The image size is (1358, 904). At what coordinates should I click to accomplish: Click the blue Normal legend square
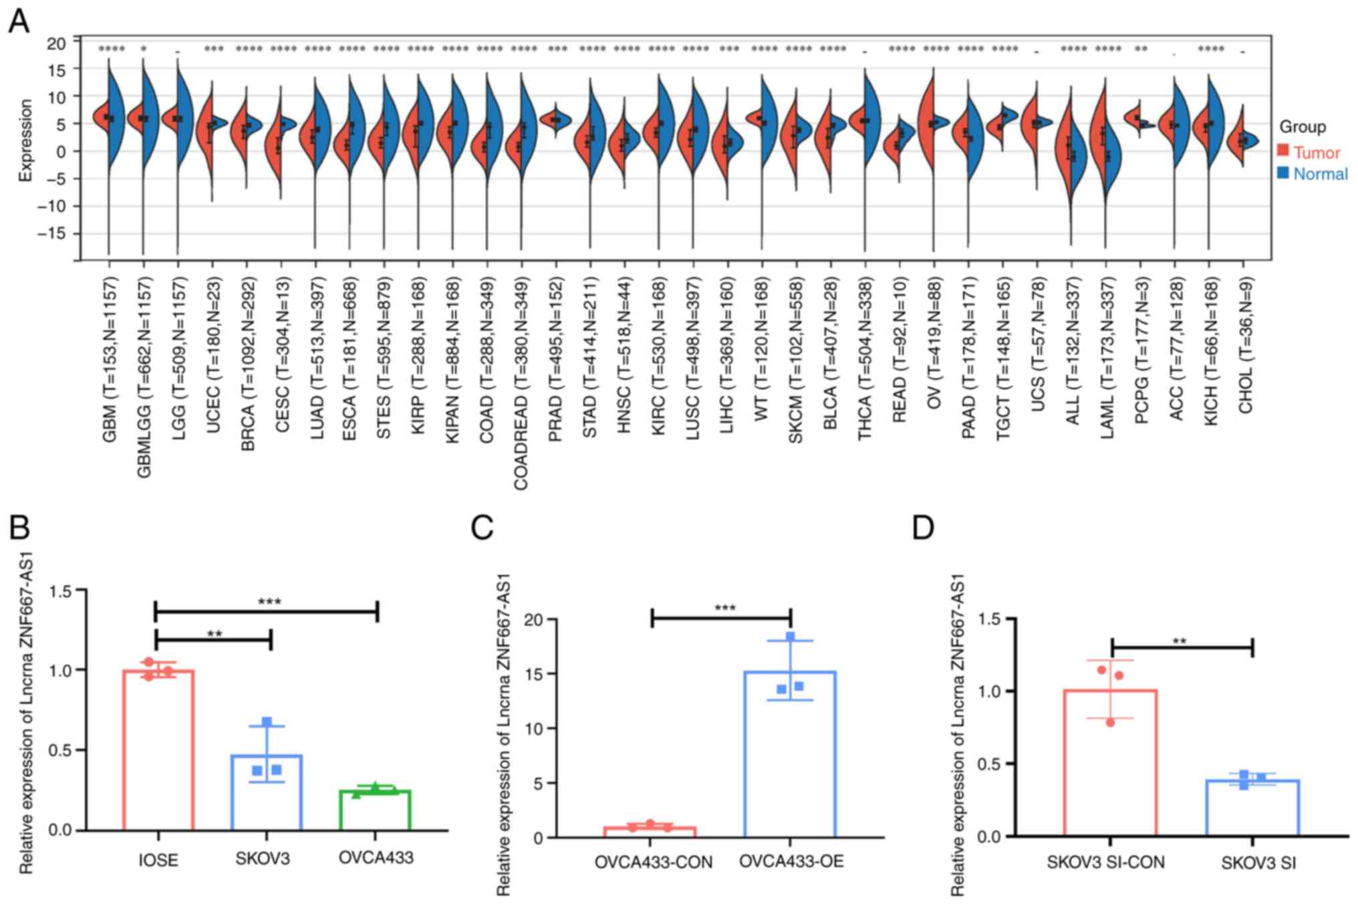pyautogui.click(x=1282, y=172)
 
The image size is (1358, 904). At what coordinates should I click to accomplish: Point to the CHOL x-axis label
pyautogui.click(x=1245, y=344)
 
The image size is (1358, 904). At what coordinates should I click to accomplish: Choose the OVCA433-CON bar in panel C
pyautogui.click(x=650, y=832)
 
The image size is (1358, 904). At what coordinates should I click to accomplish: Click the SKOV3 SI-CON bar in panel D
pyautogui.click(x=1110, y=763)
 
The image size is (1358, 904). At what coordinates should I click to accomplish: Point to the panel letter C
pyautogui.click(x=483, y=528)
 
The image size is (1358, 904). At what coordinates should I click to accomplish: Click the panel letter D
pyautogui.click(x=924, y=528)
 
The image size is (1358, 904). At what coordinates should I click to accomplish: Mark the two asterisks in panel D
pyautogui.click(x=1180, y=642)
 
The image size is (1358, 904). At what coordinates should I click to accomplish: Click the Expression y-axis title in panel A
pyautogui.click(x=25, y=140)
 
